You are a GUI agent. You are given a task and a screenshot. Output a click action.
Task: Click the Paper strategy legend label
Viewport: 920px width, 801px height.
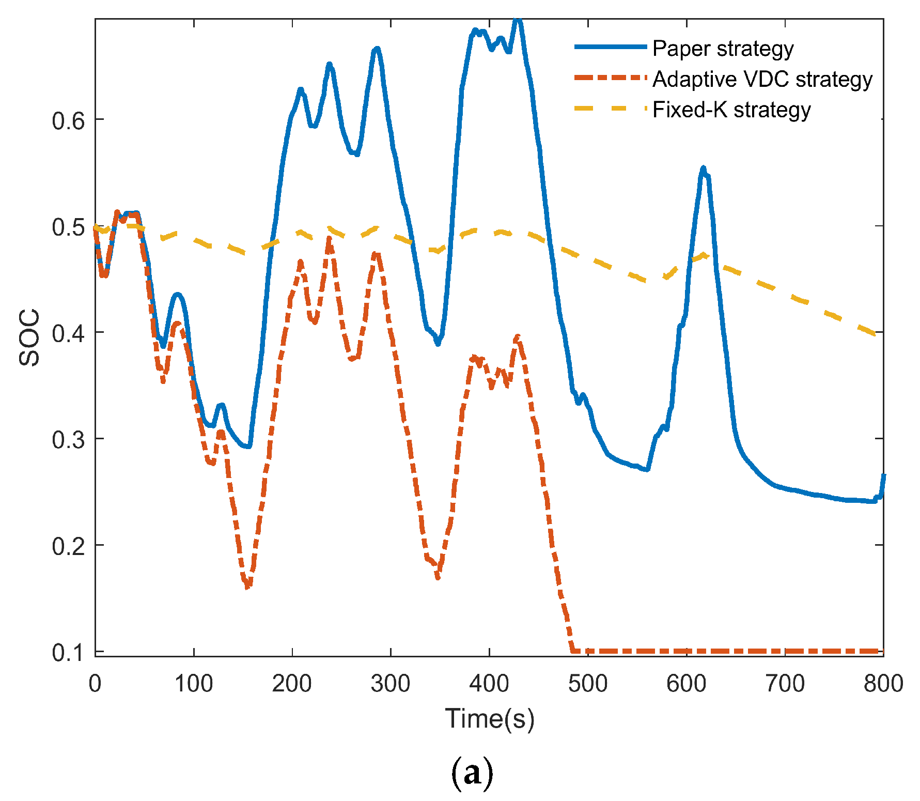click(x=722, y=49)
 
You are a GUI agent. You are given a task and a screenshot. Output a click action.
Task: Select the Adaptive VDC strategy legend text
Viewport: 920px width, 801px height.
click(x=762, y=79)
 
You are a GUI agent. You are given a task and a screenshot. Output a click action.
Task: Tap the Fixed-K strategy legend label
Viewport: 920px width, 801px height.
click(x=731, y=110)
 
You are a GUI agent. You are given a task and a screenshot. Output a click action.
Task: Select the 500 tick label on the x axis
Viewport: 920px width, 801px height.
click(x=588, y=684)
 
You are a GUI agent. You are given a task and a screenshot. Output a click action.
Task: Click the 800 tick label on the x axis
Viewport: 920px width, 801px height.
click(x=883, y=684)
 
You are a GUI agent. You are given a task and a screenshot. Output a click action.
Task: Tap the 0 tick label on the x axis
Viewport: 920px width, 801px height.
click(x=95, y=684)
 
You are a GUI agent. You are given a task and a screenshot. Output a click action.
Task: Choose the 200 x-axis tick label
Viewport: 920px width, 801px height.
click(x=292, y=684)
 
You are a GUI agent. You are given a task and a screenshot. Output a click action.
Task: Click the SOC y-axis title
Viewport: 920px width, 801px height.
click(x=29, y=337)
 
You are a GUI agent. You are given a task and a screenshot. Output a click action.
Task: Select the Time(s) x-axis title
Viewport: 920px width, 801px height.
click(x=489, y=718)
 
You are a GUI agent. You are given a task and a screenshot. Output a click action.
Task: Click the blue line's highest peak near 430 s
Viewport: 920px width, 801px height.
click(x=518, y=21)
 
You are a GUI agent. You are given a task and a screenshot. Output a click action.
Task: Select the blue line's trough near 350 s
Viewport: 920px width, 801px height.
click(x=438, y=344)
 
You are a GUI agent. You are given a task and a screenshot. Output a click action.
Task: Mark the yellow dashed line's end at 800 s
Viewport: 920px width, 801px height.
click(x=876, y=335)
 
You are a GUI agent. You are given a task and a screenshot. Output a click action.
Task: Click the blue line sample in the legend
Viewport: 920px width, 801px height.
click(x=611, y=47)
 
